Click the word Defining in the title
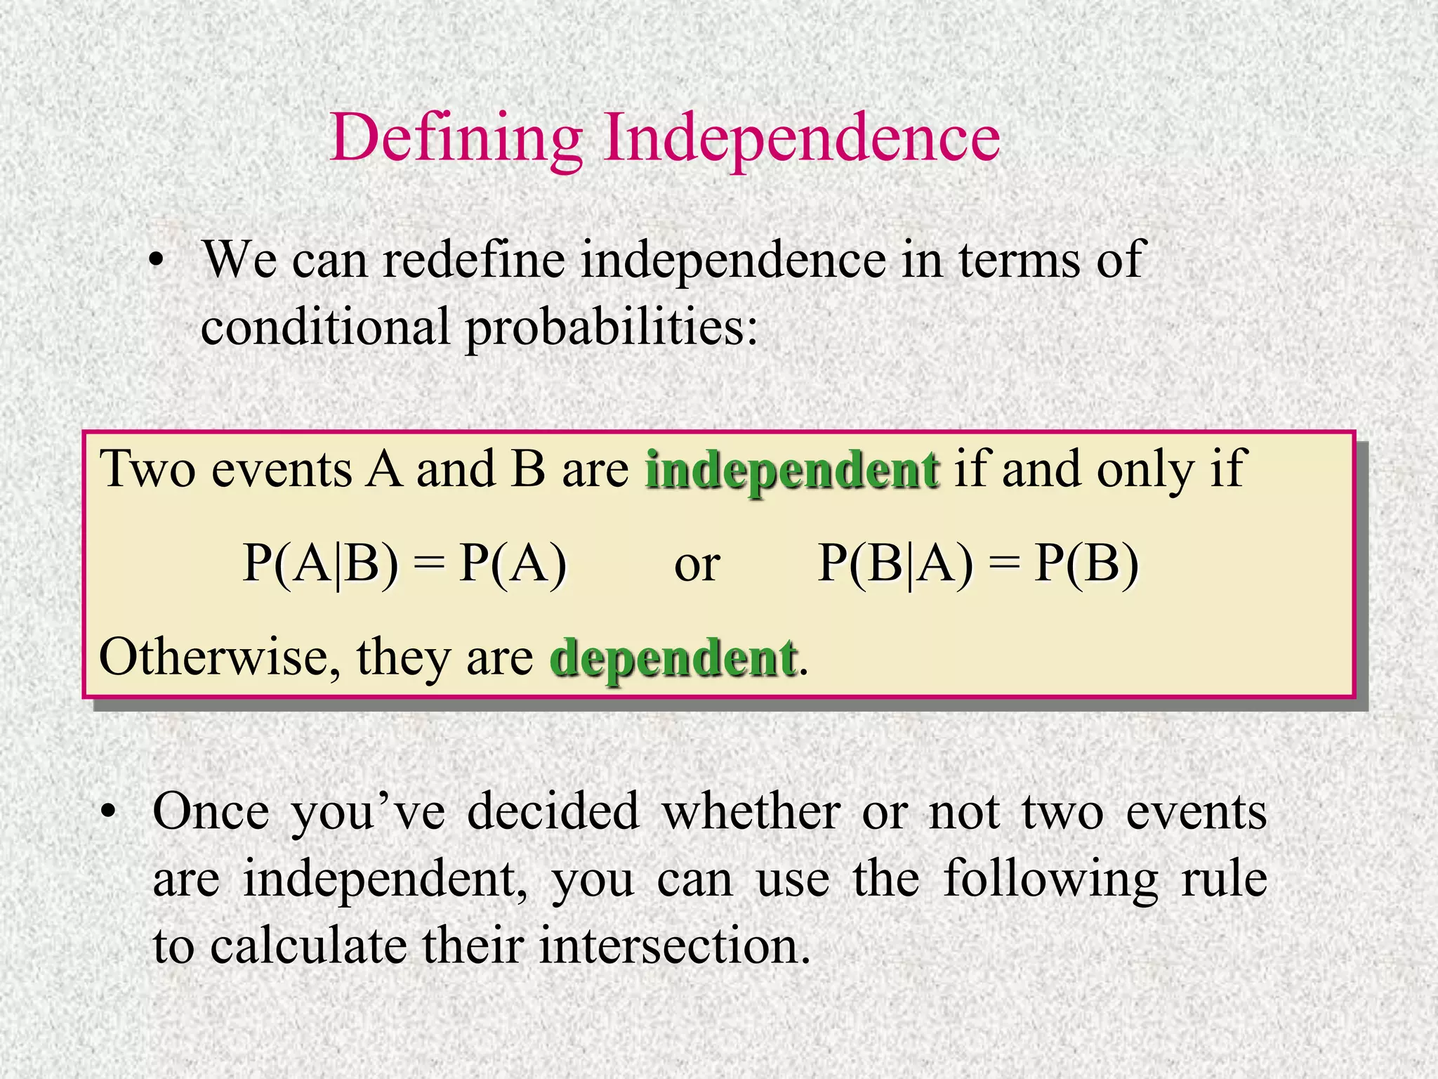456,138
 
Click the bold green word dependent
673,658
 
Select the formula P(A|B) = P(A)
404,563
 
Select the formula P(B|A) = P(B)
978,563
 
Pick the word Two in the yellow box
147,469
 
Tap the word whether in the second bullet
751,812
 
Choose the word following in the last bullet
1050,879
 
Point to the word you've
368,813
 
